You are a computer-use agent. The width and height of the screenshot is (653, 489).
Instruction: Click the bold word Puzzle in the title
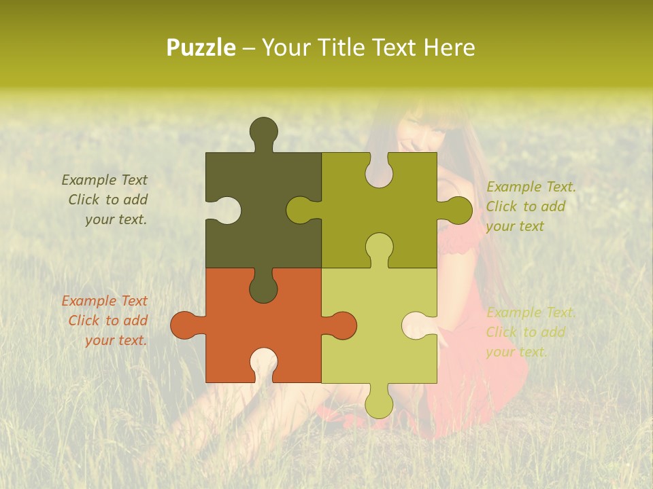tap(201, 48)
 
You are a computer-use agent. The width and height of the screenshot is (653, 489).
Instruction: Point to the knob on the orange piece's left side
tap(184, 325)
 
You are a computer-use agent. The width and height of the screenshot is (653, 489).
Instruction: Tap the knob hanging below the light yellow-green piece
tap(380, 403)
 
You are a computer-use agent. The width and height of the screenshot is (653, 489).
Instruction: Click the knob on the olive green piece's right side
tap(458, 210)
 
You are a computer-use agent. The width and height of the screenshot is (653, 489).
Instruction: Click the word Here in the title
tap(449, 48)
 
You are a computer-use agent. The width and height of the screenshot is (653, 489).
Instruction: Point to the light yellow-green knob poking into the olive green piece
tap(380, 247)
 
